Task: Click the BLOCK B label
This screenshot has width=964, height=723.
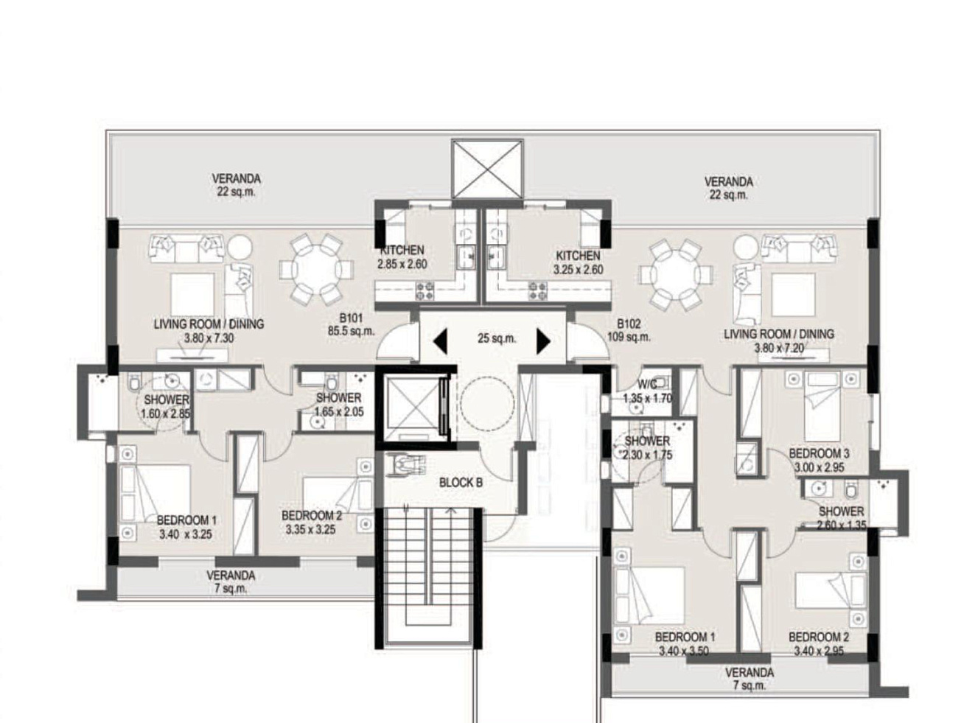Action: (461, 483)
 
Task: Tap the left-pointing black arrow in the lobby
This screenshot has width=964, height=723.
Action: (440, 340)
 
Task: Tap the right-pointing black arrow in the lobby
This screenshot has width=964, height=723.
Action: (544, 340)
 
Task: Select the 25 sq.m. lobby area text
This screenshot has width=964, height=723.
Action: (497, 338)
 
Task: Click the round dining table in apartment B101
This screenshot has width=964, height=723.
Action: (316, 269)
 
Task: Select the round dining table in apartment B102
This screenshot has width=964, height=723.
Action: (676, 275)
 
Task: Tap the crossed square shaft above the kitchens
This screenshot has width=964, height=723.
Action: (487, 170)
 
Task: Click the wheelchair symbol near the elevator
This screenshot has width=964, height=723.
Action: (406, 464)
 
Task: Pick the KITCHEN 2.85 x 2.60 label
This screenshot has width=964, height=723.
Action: (402, 256)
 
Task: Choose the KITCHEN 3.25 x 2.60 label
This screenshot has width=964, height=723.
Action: (578, 262)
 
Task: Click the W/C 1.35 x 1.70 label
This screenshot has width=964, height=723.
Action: (647, 391)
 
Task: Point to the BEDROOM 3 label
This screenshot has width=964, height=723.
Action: (819, 453)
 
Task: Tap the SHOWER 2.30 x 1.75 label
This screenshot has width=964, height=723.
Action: (647, 448)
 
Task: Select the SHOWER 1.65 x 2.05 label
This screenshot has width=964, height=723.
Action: (338, 405)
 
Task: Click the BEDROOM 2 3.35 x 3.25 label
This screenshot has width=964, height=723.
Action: (311, 523)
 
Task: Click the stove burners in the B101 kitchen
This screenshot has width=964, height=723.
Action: (425, 290)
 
